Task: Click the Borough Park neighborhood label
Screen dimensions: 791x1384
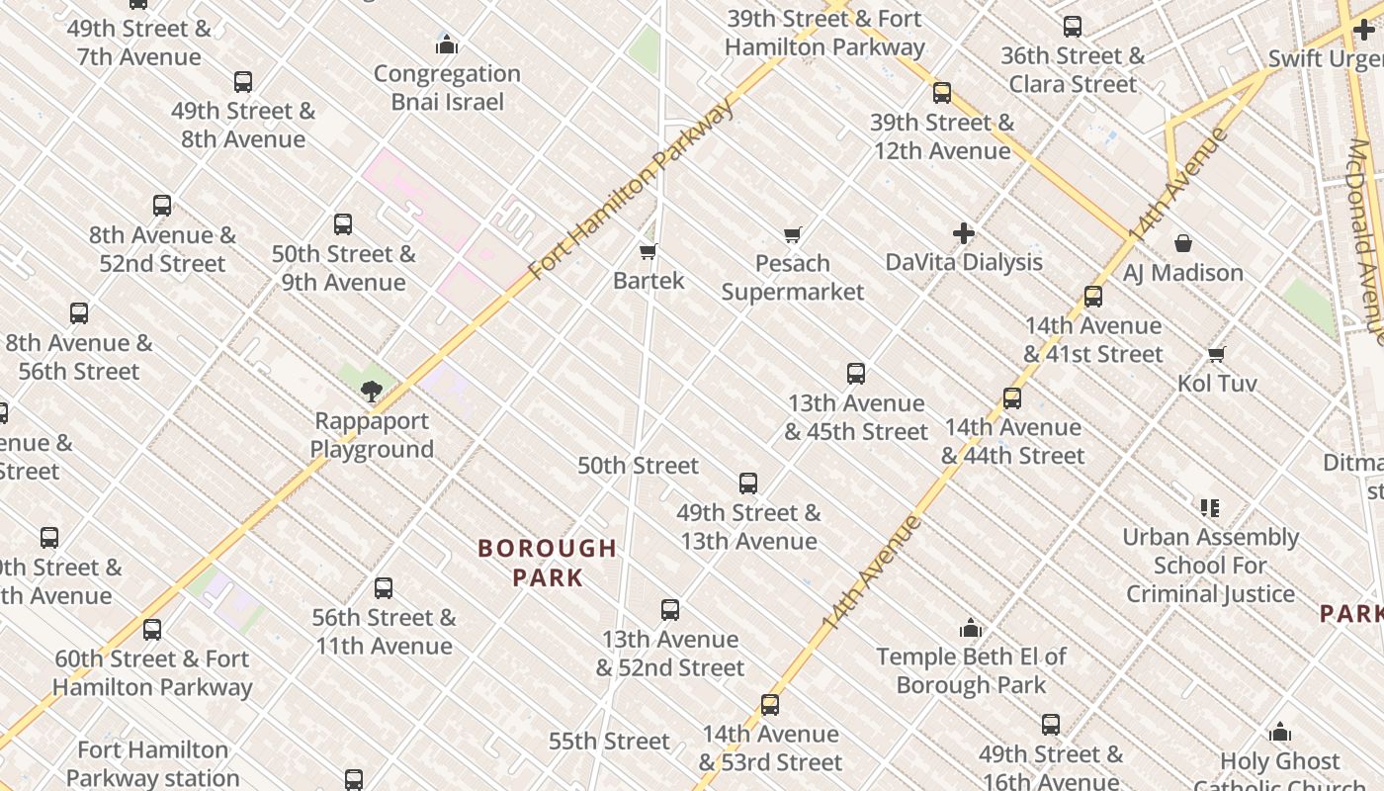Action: click(x=548, y=562)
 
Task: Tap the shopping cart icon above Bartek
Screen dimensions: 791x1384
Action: click(x=649, y=251)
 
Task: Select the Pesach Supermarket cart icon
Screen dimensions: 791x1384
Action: click(x=792, y=234)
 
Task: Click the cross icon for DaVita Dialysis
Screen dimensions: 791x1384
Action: click(x=964, y=233)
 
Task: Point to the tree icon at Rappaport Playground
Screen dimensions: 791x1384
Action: click(x=372, y=392)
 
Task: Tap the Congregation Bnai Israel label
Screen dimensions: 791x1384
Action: click(x=447, y=87)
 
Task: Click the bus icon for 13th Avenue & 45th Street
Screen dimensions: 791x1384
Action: click(x=856, y=374)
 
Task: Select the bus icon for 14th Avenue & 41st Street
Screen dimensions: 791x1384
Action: click(x=1093, y=297)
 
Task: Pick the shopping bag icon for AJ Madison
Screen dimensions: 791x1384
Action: click(x=1183, y=243)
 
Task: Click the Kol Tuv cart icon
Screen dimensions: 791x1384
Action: click(x=1217, y=354)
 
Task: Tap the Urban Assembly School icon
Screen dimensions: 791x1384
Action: click(x=1210, y=508)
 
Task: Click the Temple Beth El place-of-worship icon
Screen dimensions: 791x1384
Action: click(x=971, y=628)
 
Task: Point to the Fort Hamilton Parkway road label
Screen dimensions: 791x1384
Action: click(x=633, y=188)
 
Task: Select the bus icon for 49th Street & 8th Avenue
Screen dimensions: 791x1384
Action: click(x=243, y=82)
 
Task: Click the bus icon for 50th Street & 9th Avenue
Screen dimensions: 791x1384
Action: click(x=343, y=224)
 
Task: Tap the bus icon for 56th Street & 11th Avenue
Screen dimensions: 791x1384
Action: click(x=384, y=588)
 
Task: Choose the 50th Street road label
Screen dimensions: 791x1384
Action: click(x=638, y=465)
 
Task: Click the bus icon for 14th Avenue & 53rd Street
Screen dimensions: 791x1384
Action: click(x=770, y=705)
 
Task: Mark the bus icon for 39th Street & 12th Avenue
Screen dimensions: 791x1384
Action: click(x=942, y=93)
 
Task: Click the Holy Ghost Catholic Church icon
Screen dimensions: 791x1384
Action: click(x=1280, y=732)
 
